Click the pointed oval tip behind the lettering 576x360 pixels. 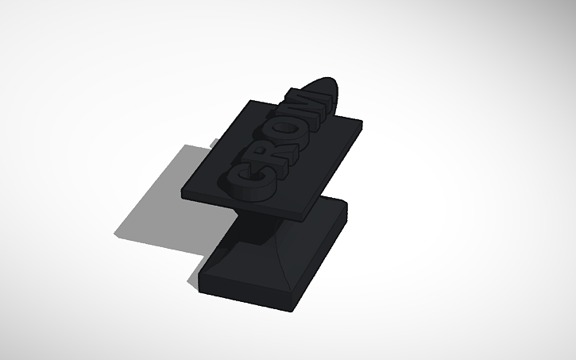click(327, 94)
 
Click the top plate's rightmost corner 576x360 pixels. click(362, 122)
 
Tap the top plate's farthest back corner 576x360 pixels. click(252, 100)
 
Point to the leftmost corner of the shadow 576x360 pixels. click(114, 236)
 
